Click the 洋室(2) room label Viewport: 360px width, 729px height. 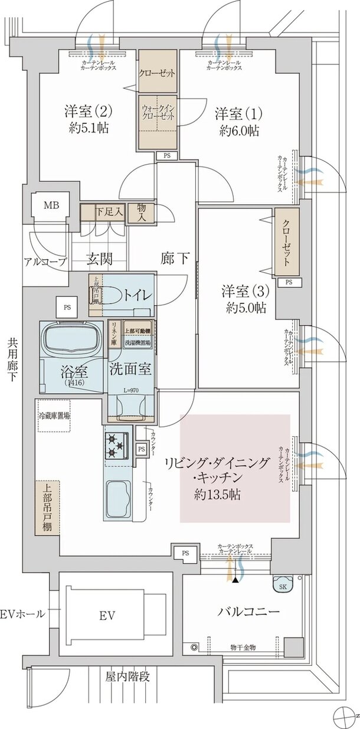(x=88, y=112)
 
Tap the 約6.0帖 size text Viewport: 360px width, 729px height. (x=238, y=130)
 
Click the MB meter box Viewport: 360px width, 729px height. (x=51, y=206)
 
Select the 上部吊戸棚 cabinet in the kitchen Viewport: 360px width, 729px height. (x=47, y=508)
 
